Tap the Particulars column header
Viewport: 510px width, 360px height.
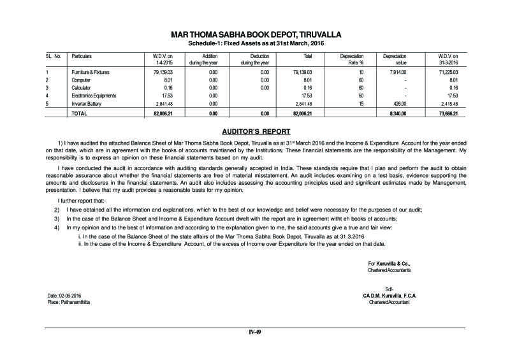(x=81, y=56)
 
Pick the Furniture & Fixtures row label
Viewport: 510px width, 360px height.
(x=90, y=73)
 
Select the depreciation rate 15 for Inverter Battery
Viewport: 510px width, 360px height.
(x=360, y=103)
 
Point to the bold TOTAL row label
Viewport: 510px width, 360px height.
(x=79, y=113)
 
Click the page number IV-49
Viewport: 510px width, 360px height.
(x=254, y=331)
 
